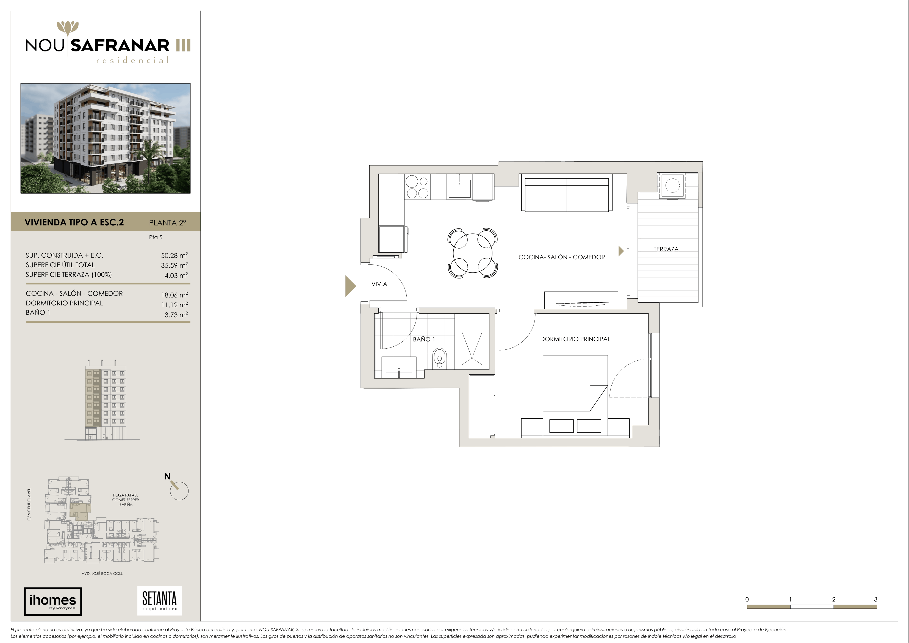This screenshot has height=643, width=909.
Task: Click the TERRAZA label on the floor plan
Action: (666, 249)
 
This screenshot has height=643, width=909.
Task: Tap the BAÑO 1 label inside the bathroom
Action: (424, 339)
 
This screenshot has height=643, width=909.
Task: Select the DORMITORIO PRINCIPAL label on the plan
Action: (575, 339)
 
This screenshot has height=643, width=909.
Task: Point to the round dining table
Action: (473, 253)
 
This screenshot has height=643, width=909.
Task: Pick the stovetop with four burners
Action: (418, 187)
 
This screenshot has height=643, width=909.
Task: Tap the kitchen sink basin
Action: (459, 189)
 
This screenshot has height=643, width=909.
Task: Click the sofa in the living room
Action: (567, 193)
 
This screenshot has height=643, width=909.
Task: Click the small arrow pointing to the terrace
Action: (621, 250)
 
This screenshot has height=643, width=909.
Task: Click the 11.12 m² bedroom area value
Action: (174, 305)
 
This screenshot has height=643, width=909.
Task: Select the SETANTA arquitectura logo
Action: (160, 601)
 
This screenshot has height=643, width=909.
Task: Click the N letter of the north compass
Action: (167, 476)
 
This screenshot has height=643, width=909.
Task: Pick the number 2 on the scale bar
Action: (834, 599)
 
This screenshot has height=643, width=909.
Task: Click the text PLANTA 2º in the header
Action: (167, 223)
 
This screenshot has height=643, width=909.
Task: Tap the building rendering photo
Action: (105, 138)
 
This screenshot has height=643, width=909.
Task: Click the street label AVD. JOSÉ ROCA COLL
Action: (102, 573)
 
